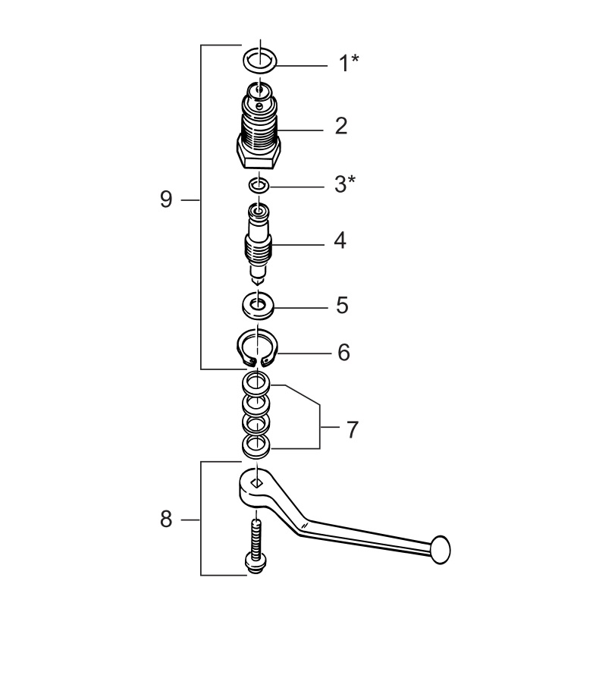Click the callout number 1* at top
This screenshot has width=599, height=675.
[x=347, y=63]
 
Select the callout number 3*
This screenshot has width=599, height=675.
[x=345, y=184]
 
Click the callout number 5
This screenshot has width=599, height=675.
[x=341, y=306]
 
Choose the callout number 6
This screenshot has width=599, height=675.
[x=343, y=353]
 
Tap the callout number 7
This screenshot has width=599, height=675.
[x=351, y=430]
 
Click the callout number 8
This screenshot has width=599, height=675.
[x=166, y=520]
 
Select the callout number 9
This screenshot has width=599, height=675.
[x=166, y=200]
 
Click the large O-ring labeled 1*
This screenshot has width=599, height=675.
[x=259, y=58]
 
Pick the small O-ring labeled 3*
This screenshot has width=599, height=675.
[x=259, y=184]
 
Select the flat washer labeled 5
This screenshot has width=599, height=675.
[x=259, y=306]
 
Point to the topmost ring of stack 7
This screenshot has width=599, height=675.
[x=257, y=381]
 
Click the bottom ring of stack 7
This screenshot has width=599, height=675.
[x=257, y=446]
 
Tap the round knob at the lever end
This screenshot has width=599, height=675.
[x=441, y=548]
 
